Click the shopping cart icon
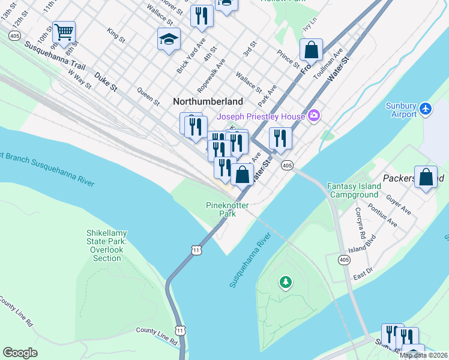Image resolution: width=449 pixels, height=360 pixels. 63,31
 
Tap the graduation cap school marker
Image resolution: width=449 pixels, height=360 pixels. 169,39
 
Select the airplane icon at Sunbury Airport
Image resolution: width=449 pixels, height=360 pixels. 426,109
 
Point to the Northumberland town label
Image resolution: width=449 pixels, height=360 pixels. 208,101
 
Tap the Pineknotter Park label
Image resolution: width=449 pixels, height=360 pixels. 227,209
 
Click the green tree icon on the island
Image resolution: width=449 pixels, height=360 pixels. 286,281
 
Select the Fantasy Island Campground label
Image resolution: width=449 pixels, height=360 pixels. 354,191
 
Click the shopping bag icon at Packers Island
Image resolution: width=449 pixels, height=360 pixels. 426,177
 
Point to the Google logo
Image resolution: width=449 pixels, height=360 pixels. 20,353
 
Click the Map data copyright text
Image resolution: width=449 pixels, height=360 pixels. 424,355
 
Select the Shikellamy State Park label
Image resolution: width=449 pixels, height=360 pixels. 107,245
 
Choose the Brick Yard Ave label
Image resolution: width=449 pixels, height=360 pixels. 191,56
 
